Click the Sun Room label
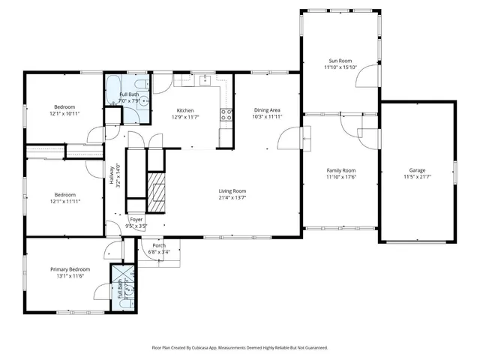341,61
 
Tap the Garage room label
417,170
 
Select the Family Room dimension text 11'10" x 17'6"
340,178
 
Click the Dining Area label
267,109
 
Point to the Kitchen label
185,110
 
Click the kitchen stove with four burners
225,115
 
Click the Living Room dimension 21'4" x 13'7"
232,198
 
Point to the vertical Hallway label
112,173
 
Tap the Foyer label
136,219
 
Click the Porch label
159,245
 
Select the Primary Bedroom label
70,269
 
